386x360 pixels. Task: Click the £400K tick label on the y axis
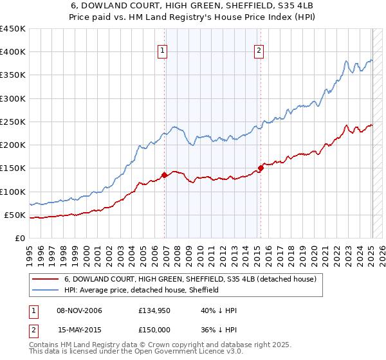coord(13,52)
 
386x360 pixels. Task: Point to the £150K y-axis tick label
coord(13,168)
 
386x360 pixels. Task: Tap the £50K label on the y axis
coord(15,215)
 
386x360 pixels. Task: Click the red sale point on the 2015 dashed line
coord(261,168)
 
